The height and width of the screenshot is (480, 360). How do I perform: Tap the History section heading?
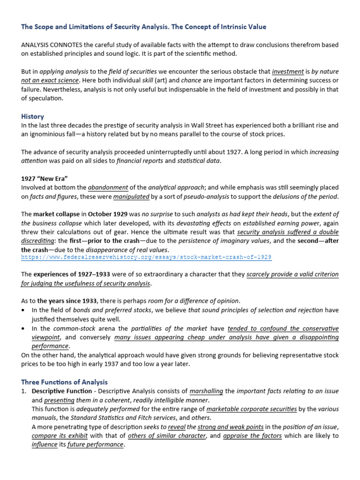click(x=32, y=116)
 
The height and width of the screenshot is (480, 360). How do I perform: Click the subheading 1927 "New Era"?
click(x=45, y=179)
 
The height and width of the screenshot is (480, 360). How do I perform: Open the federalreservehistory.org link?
click(x=146, y=257)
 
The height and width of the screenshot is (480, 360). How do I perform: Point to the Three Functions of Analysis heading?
click(x=64, y=382)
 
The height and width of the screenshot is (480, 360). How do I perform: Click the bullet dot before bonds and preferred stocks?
click(x=24, y=310)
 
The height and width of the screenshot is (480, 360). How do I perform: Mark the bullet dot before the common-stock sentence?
click(x=24, y=329)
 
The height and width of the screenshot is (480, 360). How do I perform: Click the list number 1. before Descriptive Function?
click(x=24, y=391)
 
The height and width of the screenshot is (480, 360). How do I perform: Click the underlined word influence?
click(x=45, y=445)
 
